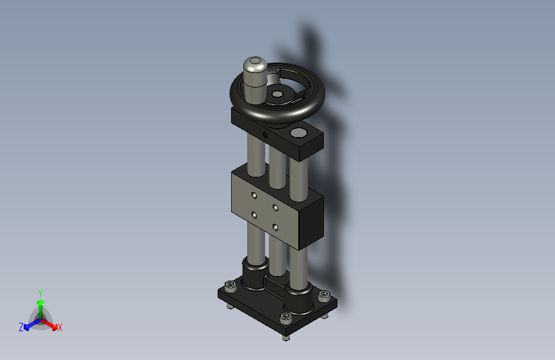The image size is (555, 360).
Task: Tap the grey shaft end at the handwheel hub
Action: point(277,94)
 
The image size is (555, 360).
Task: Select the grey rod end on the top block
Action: point(298,133)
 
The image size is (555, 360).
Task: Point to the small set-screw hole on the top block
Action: point(265,135)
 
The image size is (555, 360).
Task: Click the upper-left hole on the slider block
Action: point(253,195)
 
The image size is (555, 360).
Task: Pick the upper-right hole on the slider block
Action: point(275,208)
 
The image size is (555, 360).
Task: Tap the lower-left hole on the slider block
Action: point(253,215)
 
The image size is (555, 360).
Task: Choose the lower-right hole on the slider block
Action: point(275,227)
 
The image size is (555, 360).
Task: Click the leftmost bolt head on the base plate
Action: point(230,286)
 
